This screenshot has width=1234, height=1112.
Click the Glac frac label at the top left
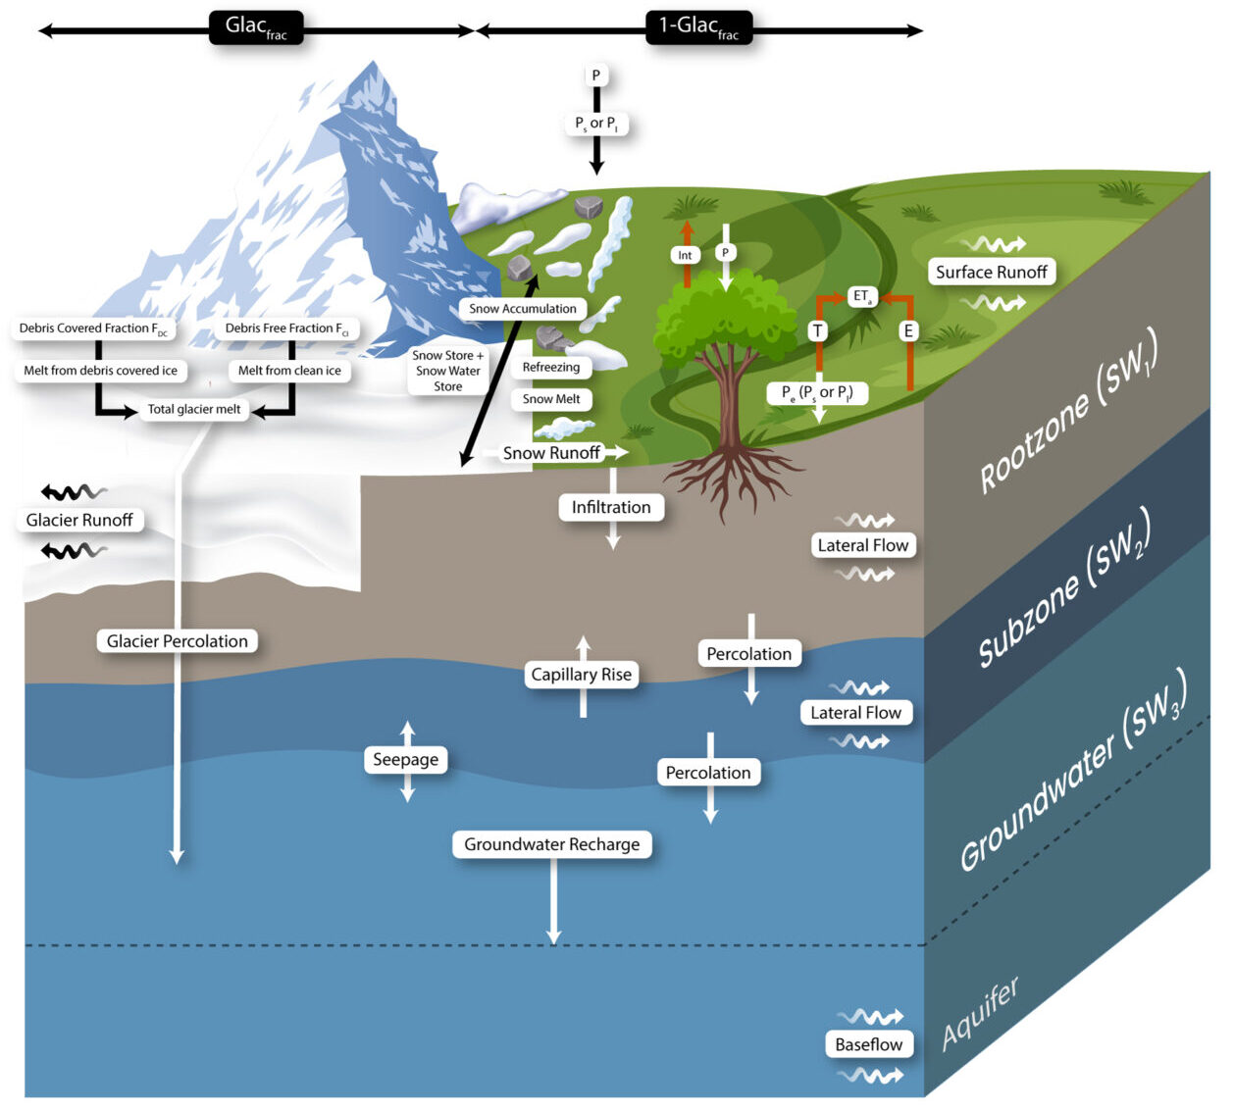(x=256, y=27)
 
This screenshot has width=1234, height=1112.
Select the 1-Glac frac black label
(x=698, y=27)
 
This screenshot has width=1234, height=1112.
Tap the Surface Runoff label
(x=991, y=272)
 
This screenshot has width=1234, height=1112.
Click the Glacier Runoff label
(x=79, y=520)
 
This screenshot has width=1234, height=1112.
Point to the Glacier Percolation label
(x=178, y=641)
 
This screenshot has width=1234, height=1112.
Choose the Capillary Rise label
(x=582, y=675)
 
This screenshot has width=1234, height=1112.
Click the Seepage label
(x=406, y=760)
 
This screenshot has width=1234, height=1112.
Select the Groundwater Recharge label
(x=551, y=844)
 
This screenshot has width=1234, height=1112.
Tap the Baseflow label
(x=868, y=1044)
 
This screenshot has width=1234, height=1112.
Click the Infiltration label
(x=611, y=507)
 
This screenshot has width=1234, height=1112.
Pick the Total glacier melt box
(x=194, y=409)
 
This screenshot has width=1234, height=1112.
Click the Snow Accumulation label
(x=522, y=309)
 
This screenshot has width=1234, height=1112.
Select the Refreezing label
(x=550, y=368)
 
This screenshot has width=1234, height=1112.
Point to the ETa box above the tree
(x=862, y=296)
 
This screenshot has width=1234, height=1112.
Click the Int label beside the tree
(x=685, y=255)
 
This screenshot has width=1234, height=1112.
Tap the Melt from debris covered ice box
(x=101, y=371)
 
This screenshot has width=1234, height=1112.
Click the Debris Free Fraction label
(x=286, y=329)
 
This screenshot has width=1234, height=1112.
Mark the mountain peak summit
(x=372, y=66)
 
